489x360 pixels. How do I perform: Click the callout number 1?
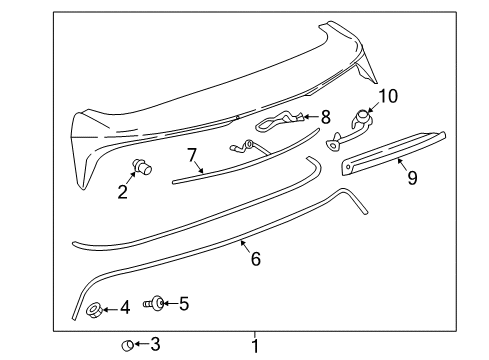(255, 346)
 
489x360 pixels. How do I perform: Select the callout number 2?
(123, 191)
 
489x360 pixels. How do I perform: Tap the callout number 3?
(154, 345)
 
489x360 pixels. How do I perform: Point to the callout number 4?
(124, 307)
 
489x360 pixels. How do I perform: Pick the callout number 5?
(183, 302)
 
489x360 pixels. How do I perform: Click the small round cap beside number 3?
(128, 345)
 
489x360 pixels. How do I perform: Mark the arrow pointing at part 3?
(141, 345)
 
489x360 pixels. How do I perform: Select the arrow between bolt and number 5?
(169, 302)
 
